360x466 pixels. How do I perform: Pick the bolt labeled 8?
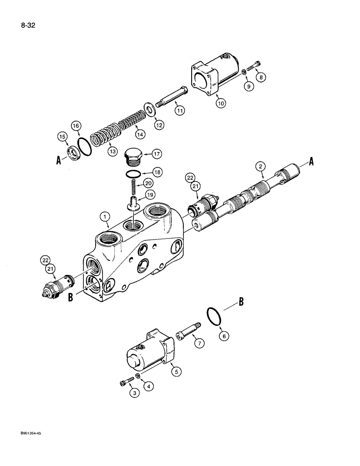point(254,67)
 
